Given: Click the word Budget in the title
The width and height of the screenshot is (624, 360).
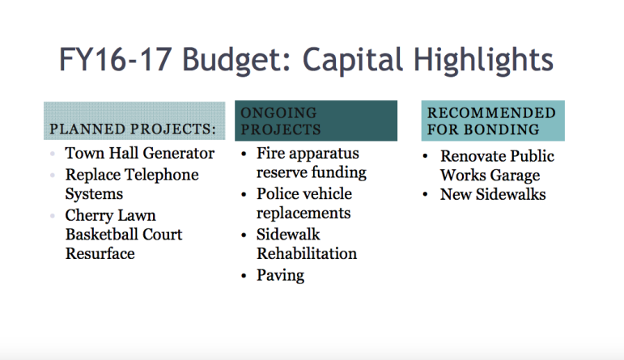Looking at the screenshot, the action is pyautogui.click(x=237, y=61).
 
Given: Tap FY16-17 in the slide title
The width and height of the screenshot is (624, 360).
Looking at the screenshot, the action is pyautogui.click(x=116, y=60).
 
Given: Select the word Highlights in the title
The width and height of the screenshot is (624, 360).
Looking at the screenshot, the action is pyautogui.click(x=483, y=61).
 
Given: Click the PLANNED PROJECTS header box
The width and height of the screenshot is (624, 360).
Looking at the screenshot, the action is pyautogui.click(x=134, y=121).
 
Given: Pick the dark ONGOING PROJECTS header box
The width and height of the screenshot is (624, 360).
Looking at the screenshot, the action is pyautogui.click(x=316, y=121).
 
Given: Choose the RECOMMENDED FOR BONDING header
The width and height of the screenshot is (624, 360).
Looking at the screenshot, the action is pyautogui.click(x=493, y=121).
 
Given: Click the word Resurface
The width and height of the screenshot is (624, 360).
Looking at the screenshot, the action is pyautogui.click(x=100, y=253).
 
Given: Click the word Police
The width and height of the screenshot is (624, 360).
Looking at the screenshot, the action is pyautogui.click(x=278, y=193).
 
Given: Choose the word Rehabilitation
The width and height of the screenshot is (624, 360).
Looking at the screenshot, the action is pyautogui.click(x=307, y=253).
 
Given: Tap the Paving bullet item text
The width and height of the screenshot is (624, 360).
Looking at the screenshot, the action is pyautogui.click(x=281, y=275).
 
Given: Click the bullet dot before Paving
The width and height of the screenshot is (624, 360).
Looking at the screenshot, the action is pyautogui.click(x=244, y=276).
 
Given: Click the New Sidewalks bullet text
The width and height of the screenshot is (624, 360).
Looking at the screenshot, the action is pyautogui.click(x=493, y=194).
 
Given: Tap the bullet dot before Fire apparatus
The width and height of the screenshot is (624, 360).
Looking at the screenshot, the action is pyautogui.click(x=244, y=154).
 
